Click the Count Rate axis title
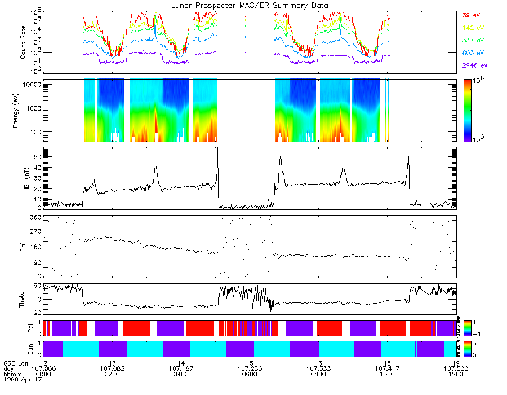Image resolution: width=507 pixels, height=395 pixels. pyautogui.click(x=23, y=42)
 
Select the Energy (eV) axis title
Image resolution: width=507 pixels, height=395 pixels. pyautogui.click(x=23, y=109)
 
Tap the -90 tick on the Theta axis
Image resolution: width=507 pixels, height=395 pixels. pyautogui.click(x=35, y=313)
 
